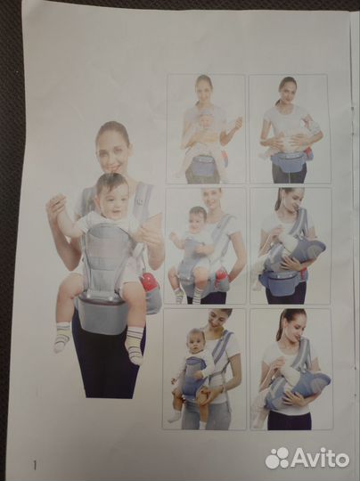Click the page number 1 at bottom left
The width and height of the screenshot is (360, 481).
(35, 465)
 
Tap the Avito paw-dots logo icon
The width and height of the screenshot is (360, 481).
(277, 458)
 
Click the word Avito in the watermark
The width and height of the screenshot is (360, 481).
(320, 458)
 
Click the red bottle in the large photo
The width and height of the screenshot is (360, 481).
(148, 281)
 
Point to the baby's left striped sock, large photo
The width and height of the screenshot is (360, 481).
(135, 346)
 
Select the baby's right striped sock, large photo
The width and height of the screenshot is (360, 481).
(63, 337)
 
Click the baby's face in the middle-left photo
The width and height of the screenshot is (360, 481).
(198, 218)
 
